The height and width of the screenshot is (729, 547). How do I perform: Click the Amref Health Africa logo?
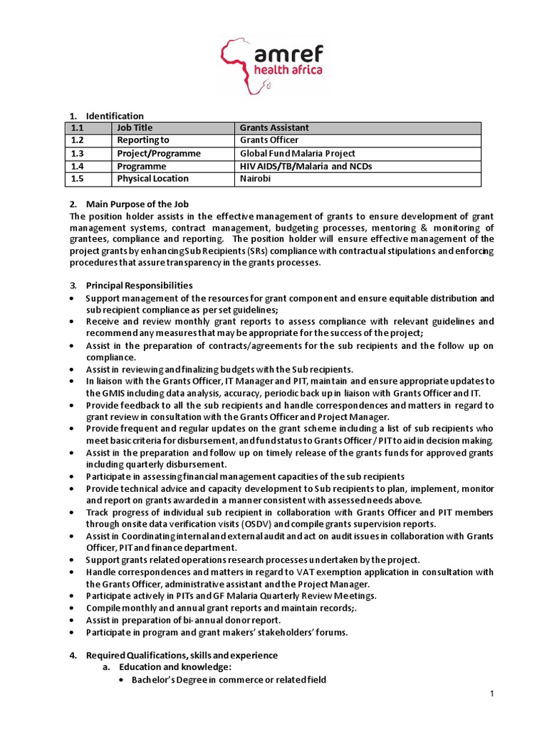click(273, 65)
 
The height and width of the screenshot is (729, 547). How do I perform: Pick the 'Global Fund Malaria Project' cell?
click(297, 154)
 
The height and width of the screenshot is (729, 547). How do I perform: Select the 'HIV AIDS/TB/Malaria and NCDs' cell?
click(306, 167)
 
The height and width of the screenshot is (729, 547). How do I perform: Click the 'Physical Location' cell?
click(152, 179)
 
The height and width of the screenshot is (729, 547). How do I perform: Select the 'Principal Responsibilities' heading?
click(139, 285)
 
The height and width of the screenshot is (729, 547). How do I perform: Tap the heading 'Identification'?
click(115, 116)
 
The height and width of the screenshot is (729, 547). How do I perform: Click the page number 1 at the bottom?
click(491, 693)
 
